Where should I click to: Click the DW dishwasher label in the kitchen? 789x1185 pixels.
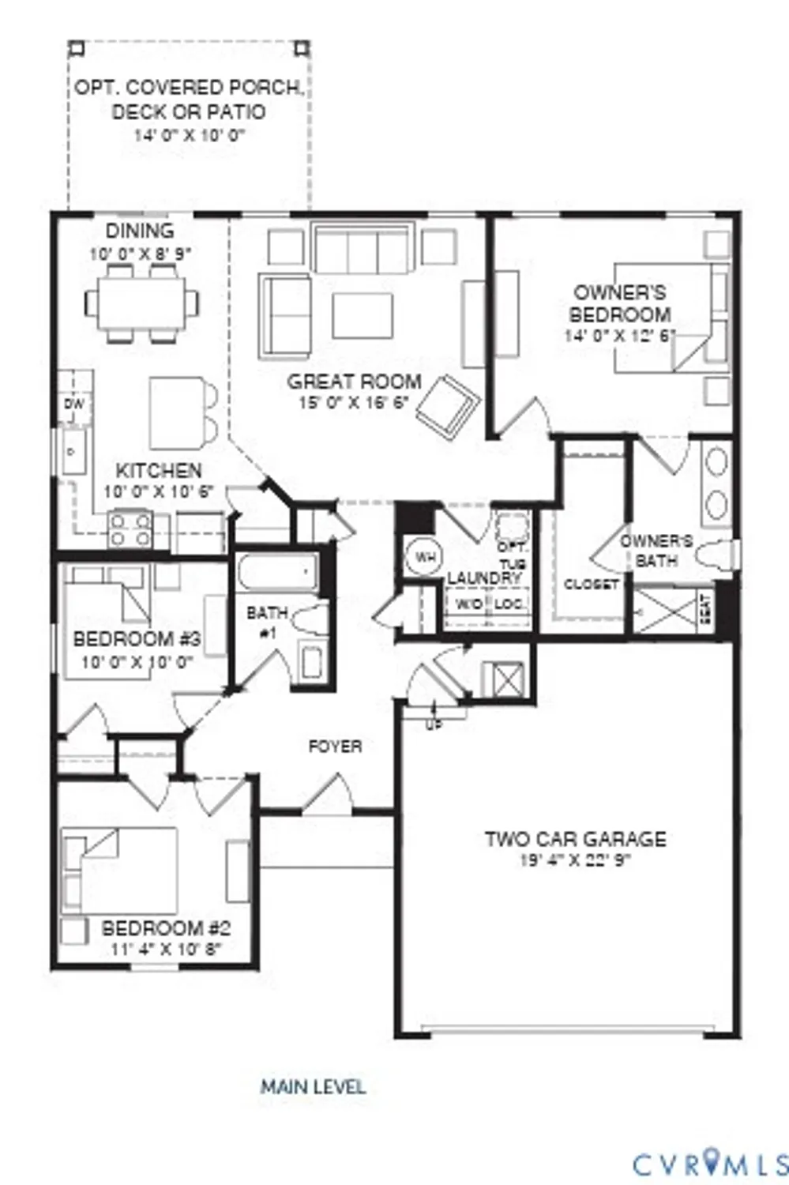[73, 404]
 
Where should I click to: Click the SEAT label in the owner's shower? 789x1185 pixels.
[706, 609]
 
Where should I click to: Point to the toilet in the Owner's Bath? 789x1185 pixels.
[718, 552]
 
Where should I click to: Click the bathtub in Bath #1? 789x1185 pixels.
[277, 574]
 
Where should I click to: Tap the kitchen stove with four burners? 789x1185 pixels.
[131, 529]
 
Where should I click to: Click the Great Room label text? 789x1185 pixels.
[354, 382]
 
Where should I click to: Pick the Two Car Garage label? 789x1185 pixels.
[576, 839]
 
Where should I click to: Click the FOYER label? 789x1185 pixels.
[336, 747]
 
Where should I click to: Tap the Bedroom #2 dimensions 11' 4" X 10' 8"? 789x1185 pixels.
[167, 949]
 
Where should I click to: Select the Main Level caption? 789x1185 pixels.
[314, 1087]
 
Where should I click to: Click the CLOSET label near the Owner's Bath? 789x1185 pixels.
[592, 585]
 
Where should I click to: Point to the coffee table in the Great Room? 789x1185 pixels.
[363, 315]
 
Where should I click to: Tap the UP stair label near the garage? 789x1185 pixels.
[434, 724]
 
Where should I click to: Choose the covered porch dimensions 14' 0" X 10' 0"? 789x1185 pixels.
[190, 135]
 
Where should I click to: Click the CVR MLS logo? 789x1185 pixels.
[710, 1164]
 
